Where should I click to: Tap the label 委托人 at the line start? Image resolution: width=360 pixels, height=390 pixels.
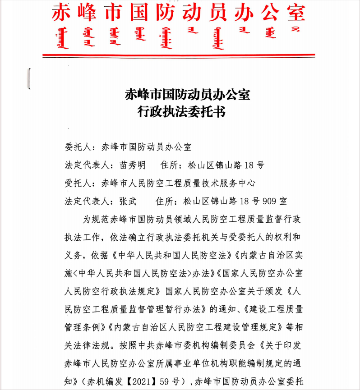coord(78,147)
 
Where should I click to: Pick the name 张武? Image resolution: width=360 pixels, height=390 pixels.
coord(127,201)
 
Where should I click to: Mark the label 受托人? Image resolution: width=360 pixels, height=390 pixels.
coord(78,183)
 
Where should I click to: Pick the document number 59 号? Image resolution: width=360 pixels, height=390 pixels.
coord(174,381)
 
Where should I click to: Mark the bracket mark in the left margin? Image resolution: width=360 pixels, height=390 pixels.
coord(29,78)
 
